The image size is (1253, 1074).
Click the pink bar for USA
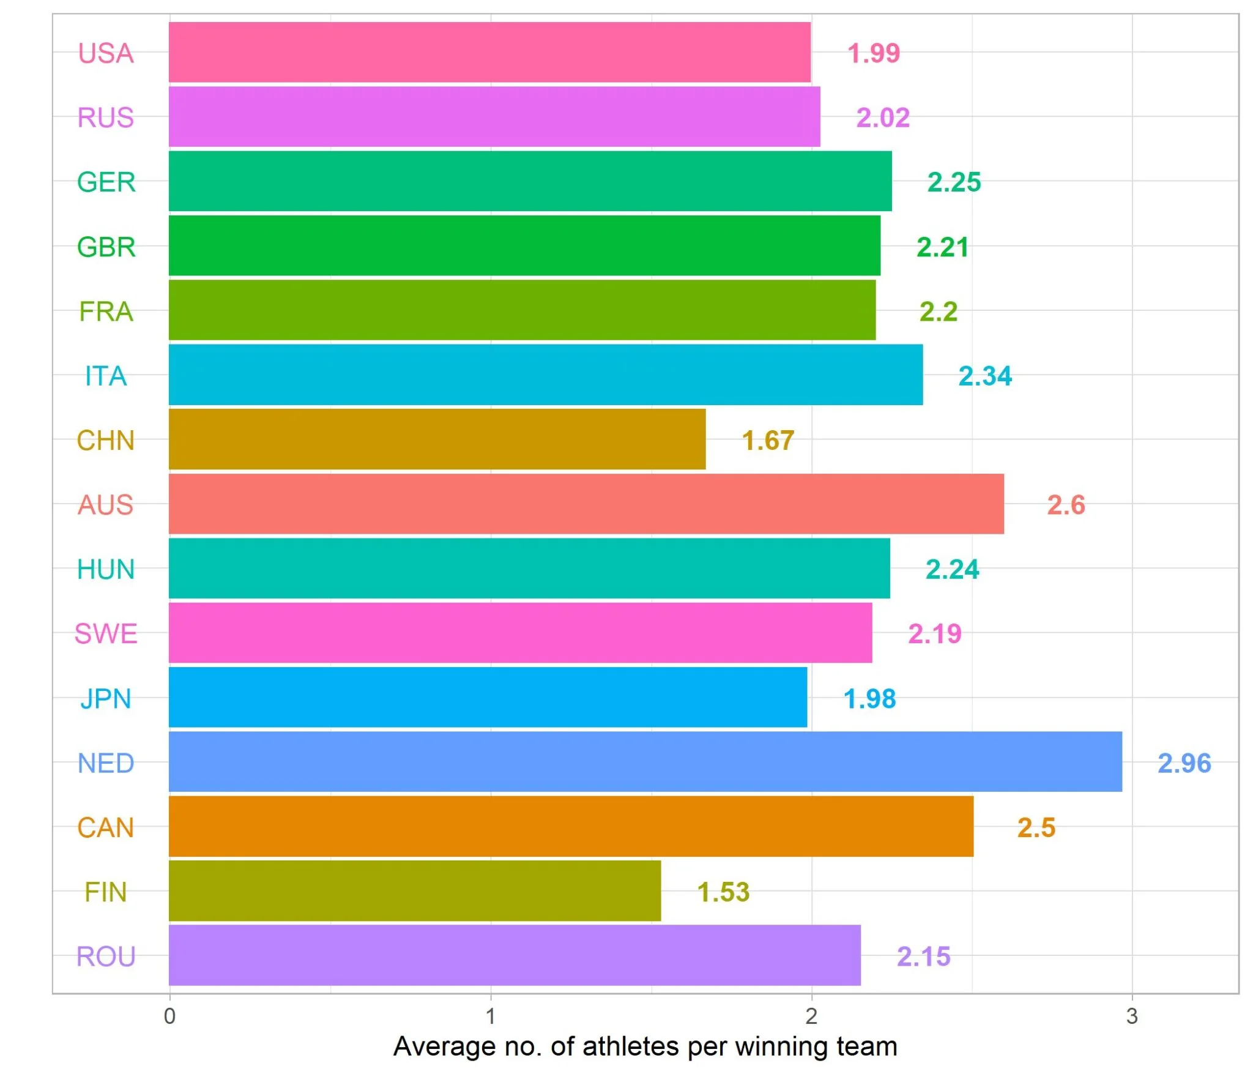489,52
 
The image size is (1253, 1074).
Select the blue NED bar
645,761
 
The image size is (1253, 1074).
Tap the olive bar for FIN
415,890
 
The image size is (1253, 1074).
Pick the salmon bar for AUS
586,504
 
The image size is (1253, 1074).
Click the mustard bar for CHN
437,439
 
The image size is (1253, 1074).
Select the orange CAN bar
571,826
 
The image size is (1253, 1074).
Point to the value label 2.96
1184,763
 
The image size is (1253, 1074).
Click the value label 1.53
723,892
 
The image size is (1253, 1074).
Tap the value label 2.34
984,376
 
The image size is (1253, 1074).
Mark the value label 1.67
768,441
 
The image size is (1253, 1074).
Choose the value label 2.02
882,117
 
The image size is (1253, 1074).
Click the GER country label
106,182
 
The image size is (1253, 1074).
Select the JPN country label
106,699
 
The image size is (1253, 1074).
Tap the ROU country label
106,957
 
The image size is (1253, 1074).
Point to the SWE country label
106,634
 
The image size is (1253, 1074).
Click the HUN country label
106,570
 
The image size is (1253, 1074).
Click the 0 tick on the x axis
169,1016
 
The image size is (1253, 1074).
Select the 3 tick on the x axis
1131,1016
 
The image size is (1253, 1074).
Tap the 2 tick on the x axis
811,1016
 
